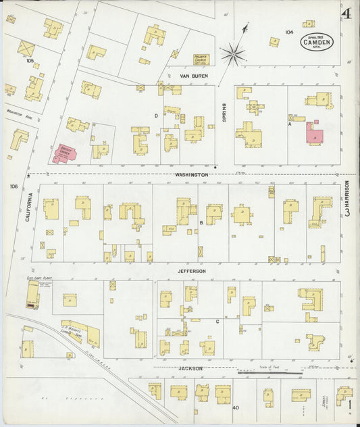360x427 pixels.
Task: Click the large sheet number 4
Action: pos(346,13)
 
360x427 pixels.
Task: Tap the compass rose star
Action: pos(234,53)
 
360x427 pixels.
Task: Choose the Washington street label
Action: pos(192,174)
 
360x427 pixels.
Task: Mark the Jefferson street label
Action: pos(192,271)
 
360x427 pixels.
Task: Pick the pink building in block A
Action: pos(314,133)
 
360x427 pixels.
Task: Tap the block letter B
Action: pos(201,222)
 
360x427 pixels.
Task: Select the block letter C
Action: pos(217,322)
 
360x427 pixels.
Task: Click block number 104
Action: pos(289,32)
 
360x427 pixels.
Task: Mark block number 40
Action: pos(236,407)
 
